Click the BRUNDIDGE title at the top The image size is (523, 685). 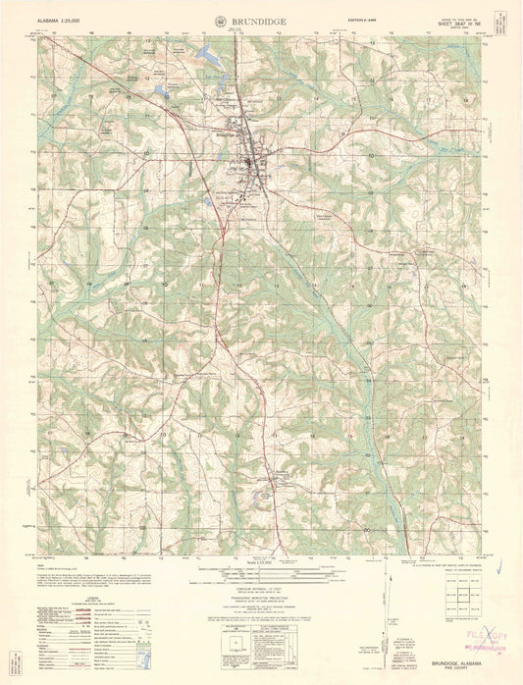260,21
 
